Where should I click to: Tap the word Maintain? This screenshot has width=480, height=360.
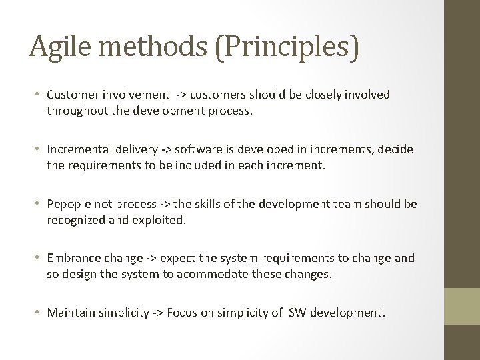click(x=69, y=312)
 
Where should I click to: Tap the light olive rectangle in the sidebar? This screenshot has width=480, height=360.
click(x=462, y=306)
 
